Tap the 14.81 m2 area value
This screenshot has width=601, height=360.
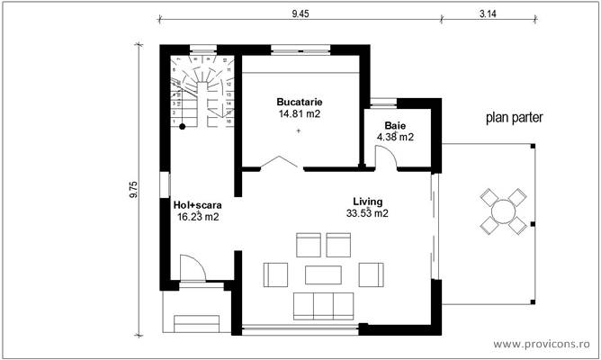click(300, 114)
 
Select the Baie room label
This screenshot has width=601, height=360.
click(395, 125)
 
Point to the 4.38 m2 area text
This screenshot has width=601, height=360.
click(395, 137)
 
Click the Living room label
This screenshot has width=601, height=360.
click(367, 201)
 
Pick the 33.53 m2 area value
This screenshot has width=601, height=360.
click(367, 213)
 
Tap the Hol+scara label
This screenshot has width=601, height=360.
click(197, 204)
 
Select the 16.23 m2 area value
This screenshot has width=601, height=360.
click(197, 216)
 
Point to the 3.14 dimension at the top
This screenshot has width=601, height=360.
click(489, 13)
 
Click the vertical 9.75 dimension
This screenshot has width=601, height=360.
click(134, 189)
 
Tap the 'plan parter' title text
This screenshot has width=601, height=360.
click(515, 118)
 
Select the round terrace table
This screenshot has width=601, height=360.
click(502, 211)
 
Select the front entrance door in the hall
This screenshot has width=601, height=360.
click(193, 270)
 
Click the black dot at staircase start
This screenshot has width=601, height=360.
click(182, 127)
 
